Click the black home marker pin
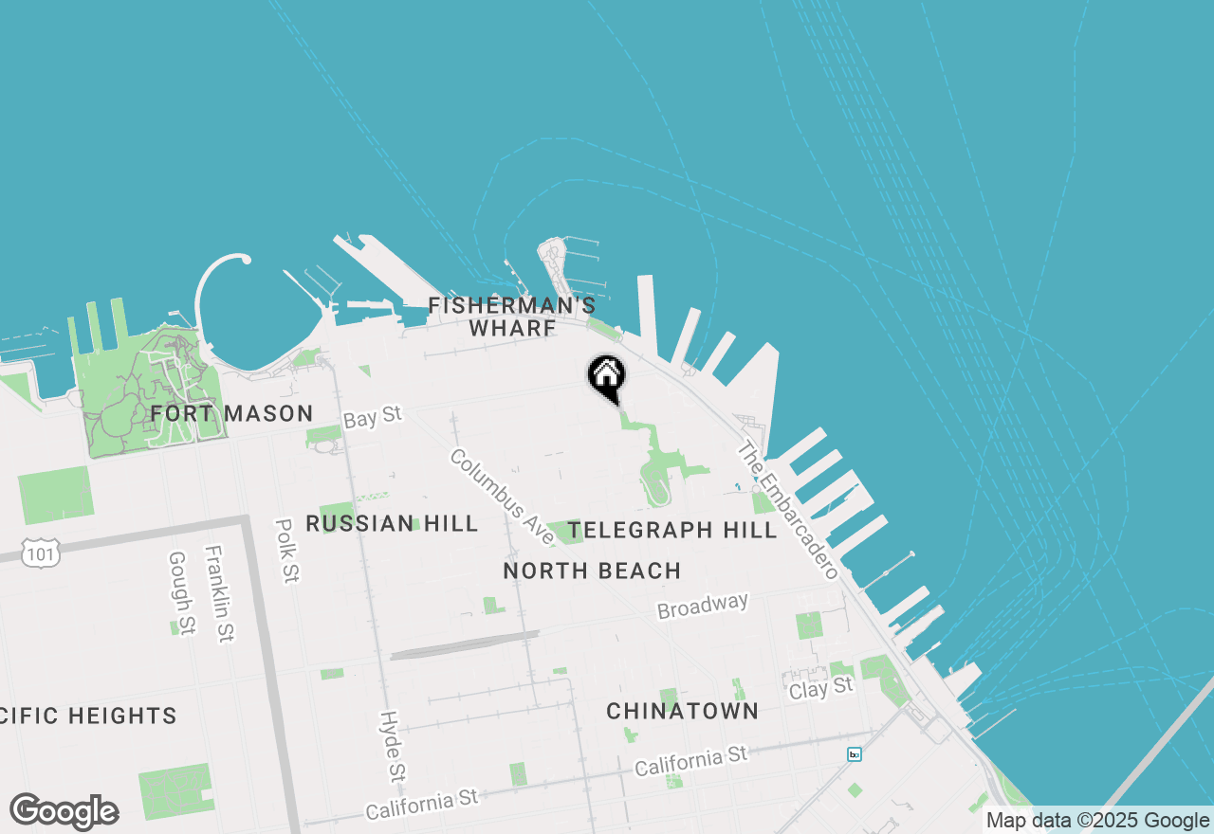coord(606,377)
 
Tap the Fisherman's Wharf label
coord(512,317)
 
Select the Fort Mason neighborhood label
coord(231,413)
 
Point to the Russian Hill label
coord(392,524)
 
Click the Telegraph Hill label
coord(673,530)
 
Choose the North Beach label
coord(592,571)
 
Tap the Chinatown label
coord(682,711)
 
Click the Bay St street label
coord(373,417)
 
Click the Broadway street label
coord(703,606)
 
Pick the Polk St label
coord(286,550)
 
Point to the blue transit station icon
coord(855,754)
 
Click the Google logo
coord(64,812)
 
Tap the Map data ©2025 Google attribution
coord(1097,821)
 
